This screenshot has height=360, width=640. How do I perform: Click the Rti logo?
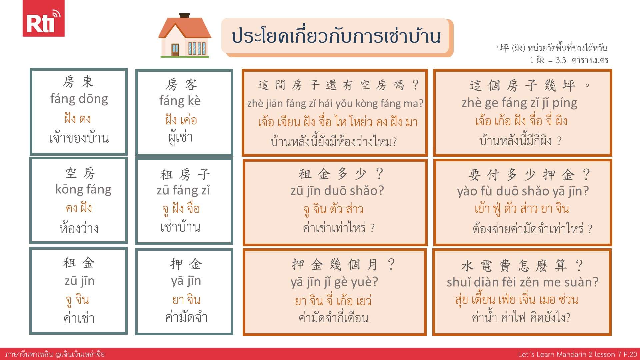coord(43,18)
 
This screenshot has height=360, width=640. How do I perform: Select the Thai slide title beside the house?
coord(336,36)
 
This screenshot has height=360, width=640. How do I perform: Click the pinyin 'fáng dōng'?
coord(79,99)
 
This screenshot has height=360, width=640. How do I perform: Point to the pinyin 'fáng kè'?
coord(180,101)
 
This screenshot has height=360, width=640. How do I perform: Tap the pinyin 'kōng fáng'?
coord(83,189)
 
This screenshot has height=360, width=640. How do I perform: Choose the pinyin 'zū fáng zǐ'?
coord(183,190)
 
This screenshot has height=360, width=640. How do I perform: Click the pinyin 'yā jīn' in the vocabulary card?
coord(186,281)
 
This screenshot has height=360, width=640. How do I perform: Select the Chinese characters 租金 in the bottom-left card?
coord(79,263)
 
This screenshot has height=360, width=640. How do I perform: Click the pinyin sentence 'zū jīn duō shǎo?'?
coord(337,191)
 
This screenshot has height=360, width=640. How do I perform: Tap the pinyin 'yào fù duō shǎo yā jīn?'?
coord(523,191)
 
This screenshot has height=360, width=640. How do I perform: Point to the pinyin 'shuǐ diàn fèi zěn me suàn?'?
coord(522,282)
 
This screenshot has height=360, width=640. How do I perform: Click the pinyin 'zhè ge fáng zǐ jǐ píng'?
coord(519,103)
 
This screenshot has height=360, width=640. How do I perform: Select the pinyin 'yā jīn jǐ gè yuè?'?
coord(334,282)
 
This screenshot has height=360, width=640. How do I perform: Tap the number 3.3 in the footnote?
coord(561,60)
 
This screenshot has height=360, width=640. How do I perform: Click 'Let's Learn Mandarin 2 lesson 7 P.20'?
coord(577,354)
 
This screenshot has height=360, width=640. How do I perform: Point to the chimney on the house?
coord(184,16)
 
